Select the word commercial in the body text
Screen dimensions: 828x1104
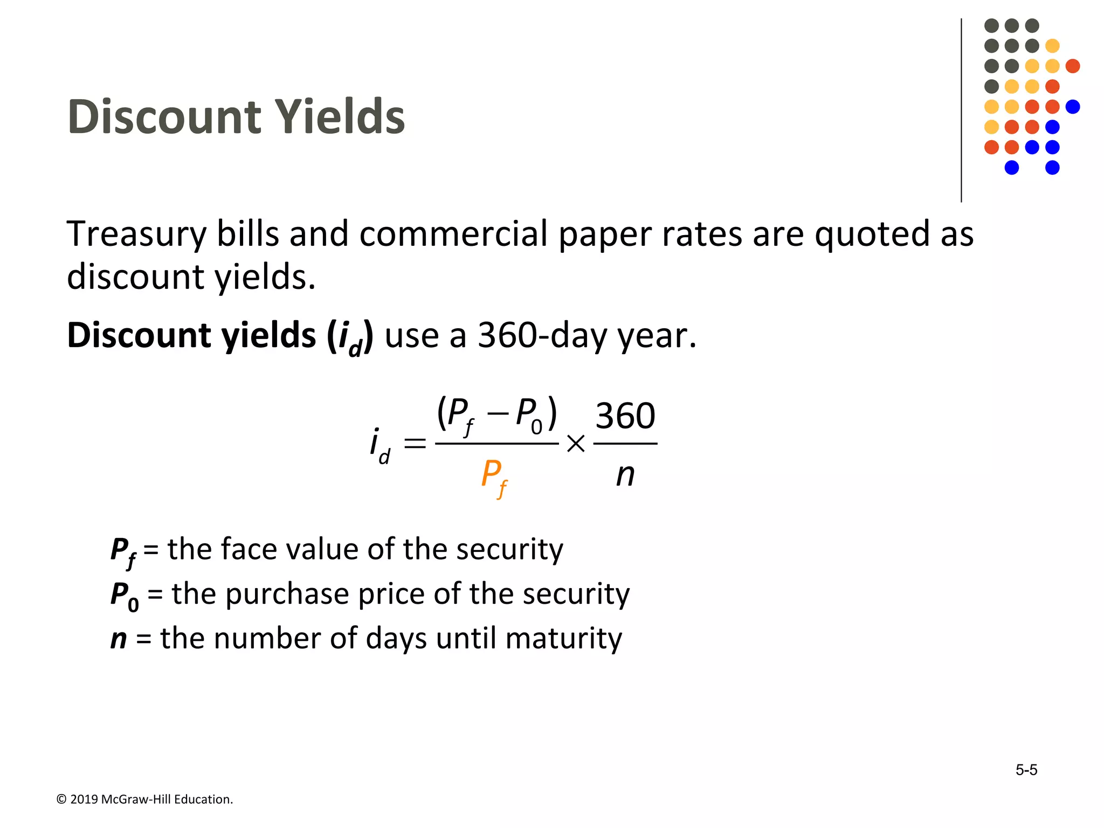(x=453, y=234)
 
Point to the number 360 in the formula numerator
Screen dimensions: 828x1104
(x=625, y=416)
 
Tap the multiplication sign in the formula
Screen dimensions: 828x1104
(x=576, y=444)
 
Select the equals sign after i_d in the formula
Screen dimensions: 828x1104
(x=415, y=444)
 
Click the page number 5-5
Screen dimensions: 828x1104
(x=1026, y=770)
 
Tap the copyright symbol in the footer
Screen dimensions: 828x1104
(x=61, y=799)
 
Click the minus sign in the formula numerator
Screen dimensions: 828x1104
(x=497, y=413)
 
